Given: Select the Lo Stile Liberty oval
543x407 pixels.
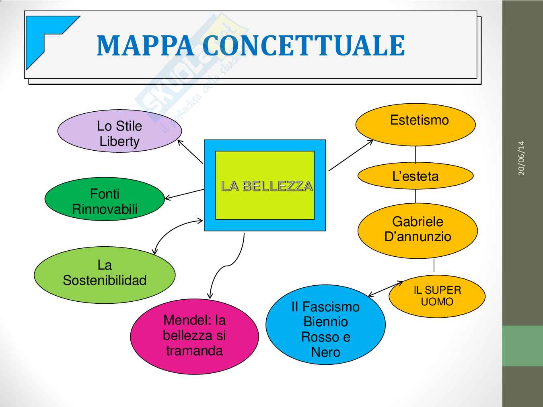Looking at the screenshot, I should (x=119, y=131).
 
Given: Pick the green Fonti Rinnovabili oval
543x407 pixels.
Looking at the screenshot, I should (x=105, y=200).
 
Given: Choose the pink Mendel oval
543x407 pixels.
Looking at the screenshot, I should (x=194, y=336).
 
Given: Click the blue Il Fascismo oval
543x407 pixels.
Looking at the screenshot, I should (x=325, y=325).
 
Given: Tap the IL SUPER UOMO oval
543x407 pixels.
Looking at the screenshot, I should (x=437, y=296).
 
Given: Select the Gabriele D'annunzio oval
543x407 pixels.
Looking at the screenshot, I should (x=418, y=230).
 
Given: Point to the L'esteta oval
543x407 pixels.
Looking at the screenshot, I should (x=415, y=176).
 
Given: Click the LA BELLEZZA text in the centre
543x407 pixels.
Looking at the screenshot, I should (x=267, y=186).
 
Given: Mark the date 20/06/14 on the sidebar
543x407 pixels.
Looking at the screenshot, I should (x=521, y=158).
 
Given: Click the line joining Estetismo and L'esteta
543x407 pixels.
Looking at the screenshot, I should (x=415, y=155).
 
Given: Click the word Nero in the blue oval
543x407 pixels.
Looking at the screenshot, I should (x=325, y=352).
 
